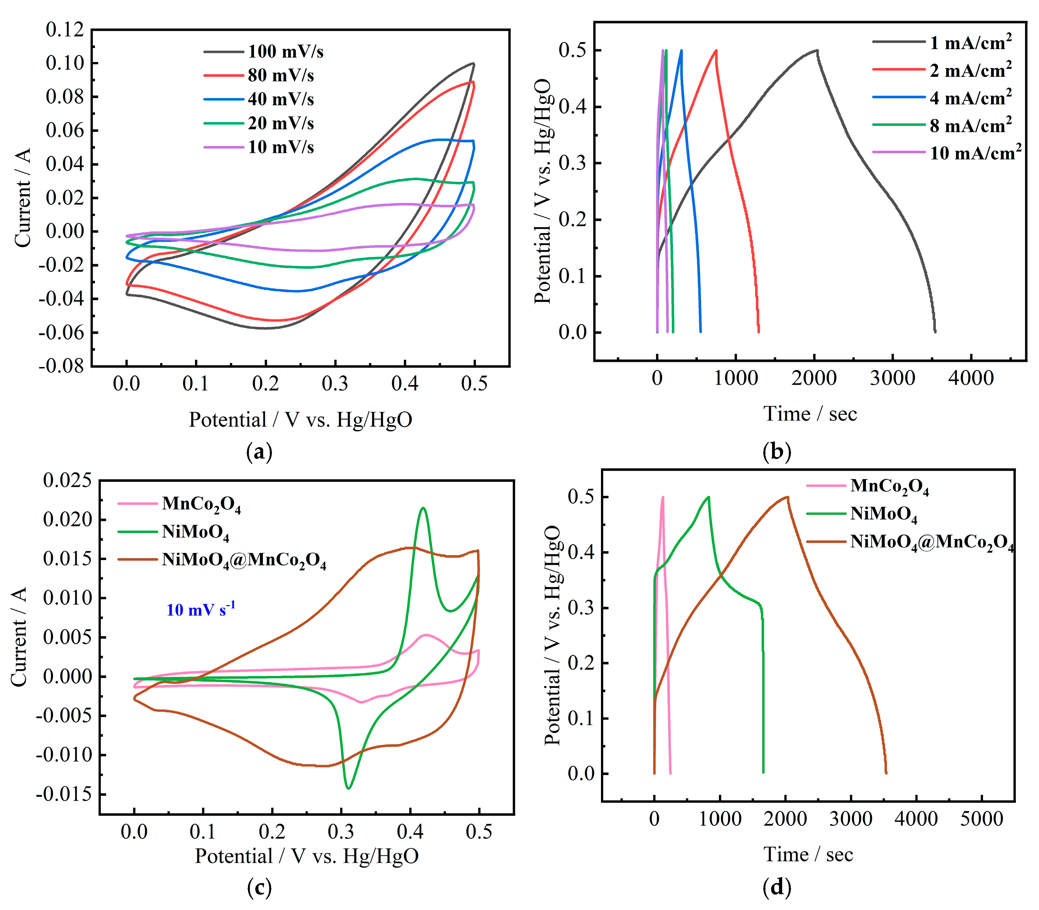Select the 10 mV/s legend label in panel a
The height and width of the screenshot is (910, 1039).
pyautogui.click(x=281, y=147)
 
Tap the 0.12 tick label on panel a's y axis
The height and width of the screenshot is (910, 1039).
pyautogui.click(x=65, y=29)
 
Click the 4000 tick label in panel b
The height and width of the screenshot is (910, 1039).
pyautogui.click(x=971, y=378)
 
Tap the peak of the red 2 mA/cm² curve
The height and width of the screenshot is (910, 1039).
pyautogui.click(x=716, y=50)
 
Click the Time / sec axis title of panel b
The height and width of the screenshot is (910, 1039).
pyautogui.click(x=810, y=414)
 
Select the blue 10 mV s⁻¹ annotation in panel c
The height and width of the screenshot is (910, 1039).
pyautogui.click(x=201, y=609)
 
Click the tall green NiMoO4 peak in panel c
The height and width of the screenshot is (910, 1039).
pyautogui.click(x=423, y=508)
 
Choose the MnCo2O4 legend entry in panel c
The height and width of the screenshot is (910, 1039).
pyautogui.click(x=201, y=504)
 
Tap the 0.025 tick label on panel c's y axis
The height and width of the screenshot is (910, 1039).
pyautogui.click(x=68, y=480)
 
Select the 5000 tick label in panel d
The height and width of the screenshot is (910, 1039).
pyautogui.click(x=981, y=819)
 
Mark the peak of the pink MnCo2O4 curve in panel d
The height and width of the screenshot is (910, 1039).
pyautogui.click(x=663, y=497)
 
